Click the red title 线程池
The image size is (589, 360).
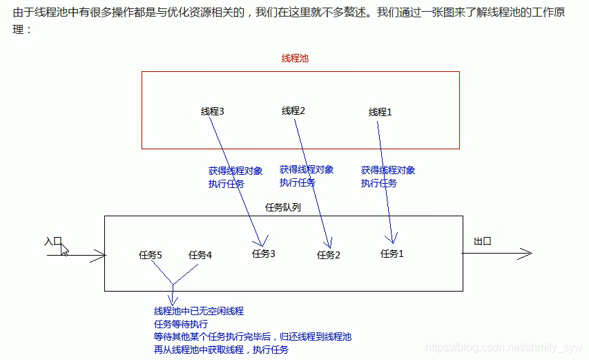(x=295, y=59)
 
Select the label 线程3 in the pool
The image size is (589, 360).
(x=213, y=111)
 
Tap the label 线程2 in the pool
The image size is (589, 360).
(x=293, y=111)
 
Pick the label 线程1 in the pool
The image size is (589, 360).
(x=380, y=112)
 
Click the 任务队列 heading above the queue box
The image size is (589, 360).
(x=283, y=207)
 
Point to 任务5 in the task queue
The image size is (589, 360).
(x=151, y=255)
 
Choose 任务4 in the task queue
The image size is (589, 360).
(x=200, y=255)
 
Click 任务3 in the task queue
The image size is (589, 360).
(x=264, y=254)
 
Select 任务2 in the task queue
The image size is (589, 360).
(x=329, y=255)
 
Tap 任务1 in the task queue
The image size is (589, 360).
(x=392, y=254)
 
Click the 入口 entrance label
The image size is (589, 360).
(x=53, y=241)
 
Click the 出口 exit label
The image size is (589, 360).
(x=483, y=241)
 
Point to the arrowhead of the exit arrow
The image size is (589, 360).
(x=528, y=254)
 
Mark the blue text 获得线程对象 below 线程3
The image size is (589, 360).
(x=235, y=171)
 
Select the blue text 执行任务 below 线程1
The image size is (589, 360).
(x=379, y=183)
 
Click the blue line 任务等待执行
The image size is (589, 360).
(x=181, y=324)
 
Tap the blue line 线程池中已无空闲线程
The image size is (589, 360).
(x=199, y=312)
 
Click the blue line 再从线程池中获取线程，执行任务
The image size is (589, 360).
(x=221, y=350)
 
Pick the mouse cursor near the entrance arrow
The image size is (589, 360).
(x=64, y=249)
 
